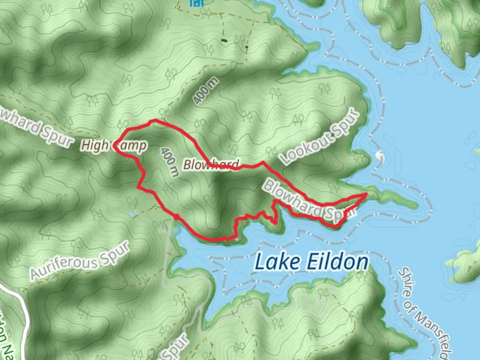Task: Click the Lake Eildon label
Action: [x=311, y=262]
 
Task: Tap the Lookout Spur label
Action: [x=320, y=136]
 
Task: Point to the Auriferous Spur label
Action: [x=80, y=261]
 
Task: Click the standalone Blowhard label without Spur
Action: [x=211, y=164]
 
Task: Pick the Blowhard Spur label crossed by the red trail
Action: [x=309, y=202]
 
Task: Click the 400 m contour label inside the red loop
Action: [x=169, y=162]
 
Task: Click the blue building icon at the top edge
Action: [x=196, y=3]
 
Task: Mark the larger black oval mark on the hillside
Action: [x=223, y=41]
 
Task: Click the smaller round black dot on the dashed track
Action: [x=247, y=47]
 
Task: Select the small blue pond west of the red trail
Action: [x=133, y=214]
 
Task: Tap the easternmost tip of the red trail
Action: [x=366, y=193]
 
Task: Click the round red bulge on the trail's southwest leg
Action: [x=176, y=217]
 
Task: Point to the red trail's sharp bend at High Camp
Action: [x=114, y=145]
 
